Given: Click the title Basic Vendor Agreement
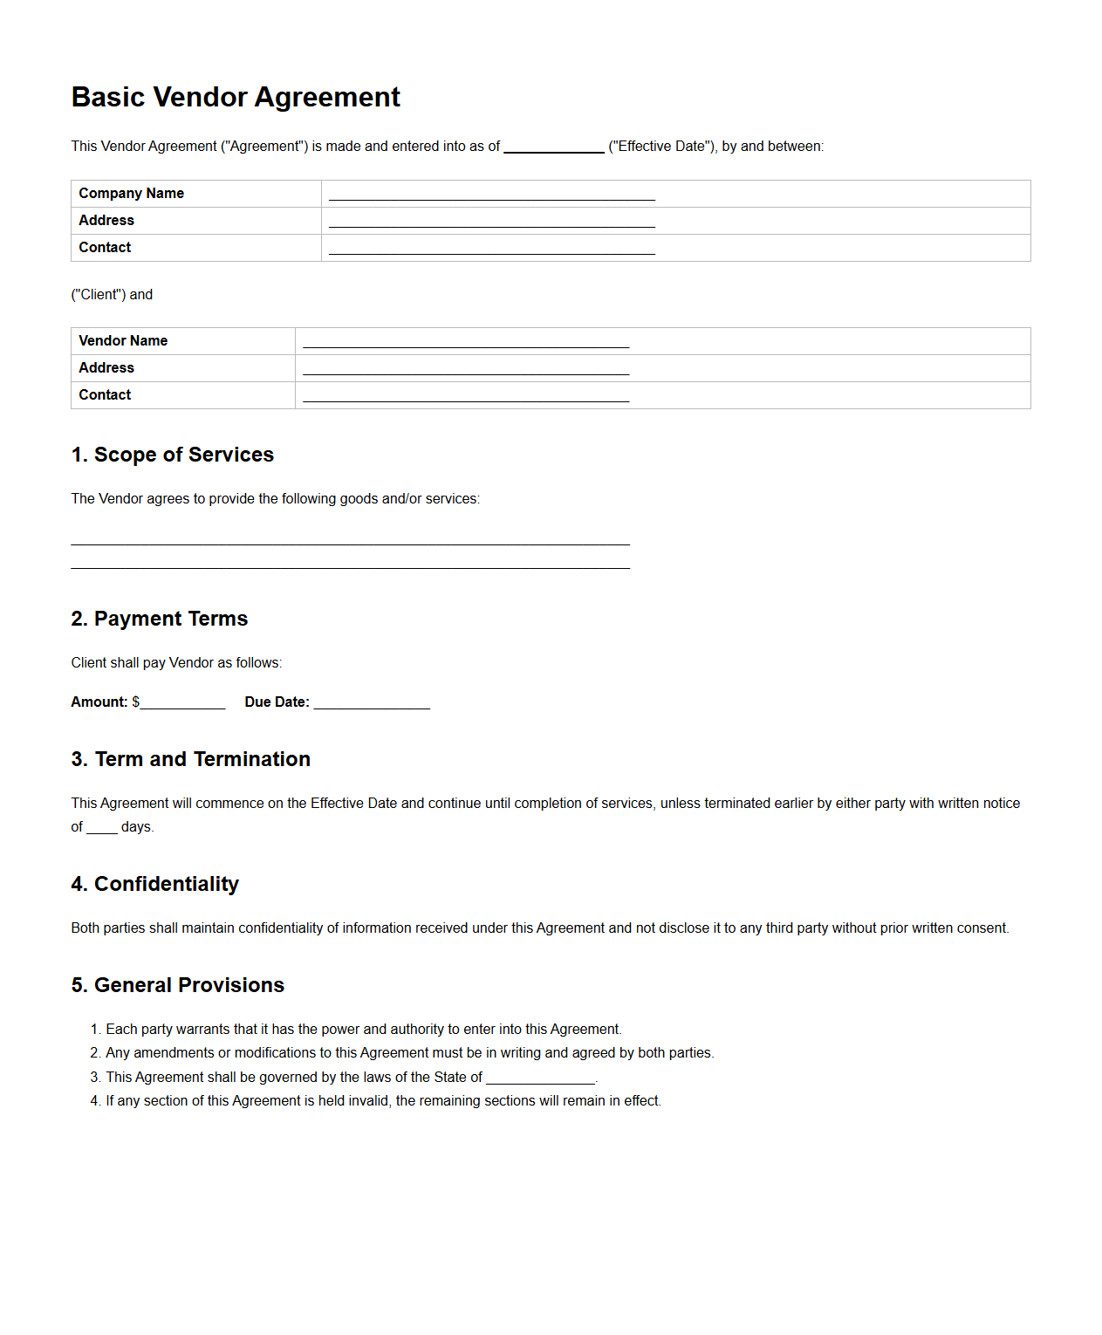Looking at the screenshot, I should pos(236,97).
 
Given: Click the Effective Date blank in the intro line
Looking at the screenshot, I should pos(553,147).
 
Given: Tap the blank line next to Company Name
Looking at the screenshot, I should pos(491,195).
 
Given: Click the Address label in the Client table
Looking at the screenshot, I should pos(106,221).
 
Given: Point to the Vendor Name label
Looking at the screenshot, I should pos(123,341).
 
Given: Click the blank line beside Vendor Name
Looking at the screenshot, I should pos(466,342).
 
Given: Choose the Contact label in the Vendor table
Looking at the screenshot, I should pos(105,395).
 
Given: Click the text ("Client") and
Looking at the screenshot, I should pos(112,295).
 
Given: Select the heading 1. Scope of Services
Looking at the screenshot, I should pos(173,455).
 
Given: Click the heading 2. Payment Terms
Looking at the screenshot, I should pos(160,619).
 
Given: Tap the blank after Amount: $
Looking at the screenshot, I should pos(182,703).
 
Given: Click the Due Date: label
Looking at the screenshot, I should pos(277,702).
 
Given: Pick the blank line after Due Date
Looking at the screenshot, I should pos(372,703).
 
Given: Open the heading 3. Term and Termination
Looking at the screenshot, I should pos(191,759).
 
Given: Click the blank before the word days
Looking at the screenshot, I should pos(102,827).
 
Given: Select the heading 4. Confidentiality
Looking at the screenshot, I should pos(155,884).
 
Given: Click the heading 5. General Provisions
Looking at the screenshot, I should pos(178,985).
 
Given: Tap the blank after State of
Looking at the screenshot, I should pos(540,1078).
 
